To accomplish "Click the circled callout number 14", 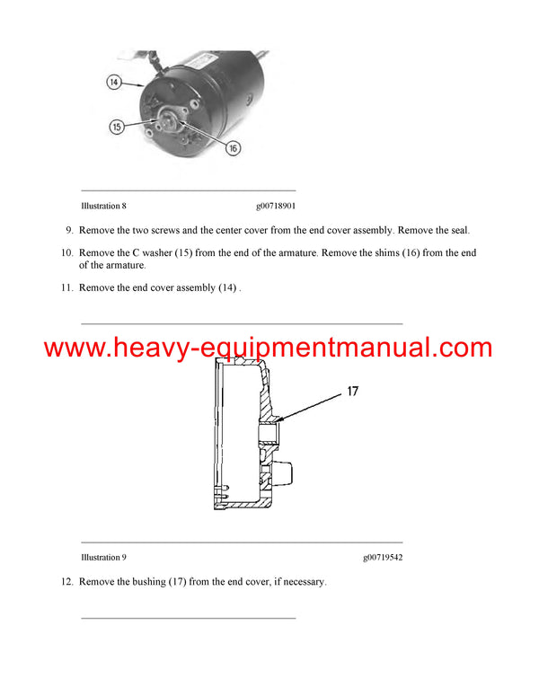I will [113, 82].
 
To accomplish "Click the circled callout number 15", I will [116, 127].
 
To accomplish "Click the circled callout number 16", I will [233, 148].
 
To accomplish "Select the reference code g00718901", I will [275, 206].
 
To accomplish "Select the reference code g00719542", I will [383, 558].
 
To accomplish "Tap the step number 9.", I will [68, 230].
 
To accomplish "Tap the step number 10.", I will [66, 253].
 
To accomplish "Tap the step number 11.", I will [66, 287].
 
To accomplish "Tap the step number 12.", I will [66, 582].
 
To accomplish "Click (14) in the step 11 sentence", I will [228, 287].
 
